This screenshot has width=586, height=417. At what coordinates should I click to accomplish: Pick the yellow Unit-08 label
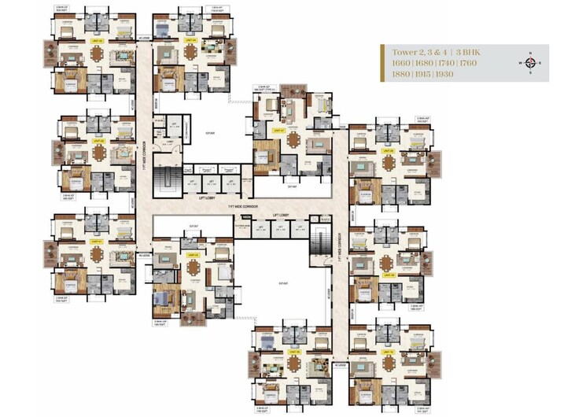click(388, 149)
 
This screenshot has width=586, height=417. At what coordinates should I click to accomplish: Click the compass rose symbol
click(530, 63)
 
